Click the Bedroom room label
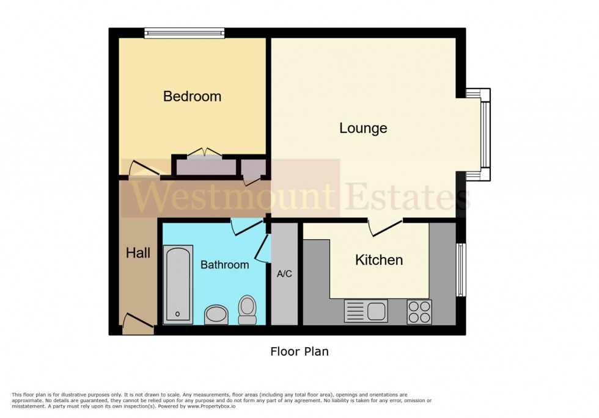pos(192,96)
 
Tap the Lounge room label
pos(363,128)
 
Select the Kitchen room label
pos(379,260)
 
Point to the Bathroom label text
pos(224,265)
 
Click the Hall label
pos(138,253)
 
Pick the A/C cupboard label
pos(284,274)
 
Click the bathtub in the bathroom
pos(178,284)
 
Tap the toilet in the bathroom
pos(248,309)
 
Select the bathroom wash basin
pos(215,314)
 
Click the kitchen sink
pos(366,311)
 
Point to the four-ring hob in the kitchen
pos(419,312)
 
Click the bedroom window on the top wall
pos(184,33)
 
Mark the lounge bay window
pos(485,134)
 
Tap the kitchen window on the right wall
pos(461,269)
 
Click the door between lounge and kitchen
pos(385,226)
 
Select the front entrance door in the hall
pos(138,324)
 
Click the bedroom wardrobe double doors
pos(205,154)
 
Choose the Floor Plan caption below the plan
pos(299,351)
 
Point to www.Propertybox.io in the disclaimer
pos(210,406)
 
